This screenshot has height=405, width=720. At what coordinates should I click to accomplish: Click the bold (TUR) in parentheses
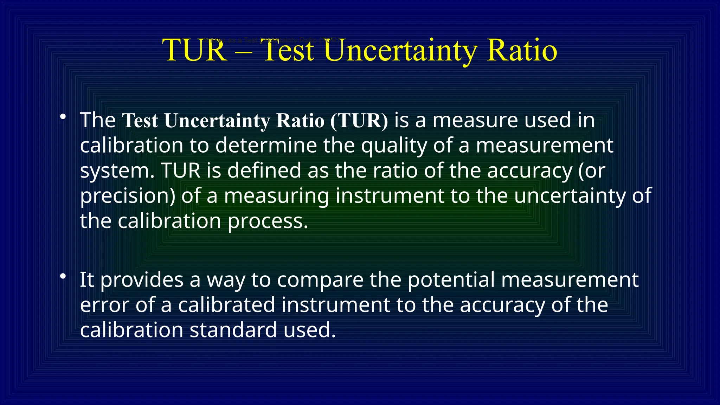tap(359, 121)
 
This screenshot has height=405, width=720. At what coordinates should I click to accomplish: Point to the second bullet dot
tap(63, 276)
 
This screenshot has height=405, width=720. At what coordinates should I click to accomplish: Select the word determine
tap(266, 146)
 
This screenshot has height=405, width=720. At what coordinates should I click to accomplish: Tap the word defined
tap(264, 171)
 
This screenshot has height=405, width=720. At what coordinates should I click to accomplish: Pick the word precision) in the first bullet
tap(127, 196)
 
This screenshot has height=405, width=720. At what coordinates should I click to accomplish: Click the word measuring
tap(276, 196)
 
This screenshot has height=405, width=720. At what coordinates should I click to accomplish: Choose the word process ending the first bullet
tap(268, 221)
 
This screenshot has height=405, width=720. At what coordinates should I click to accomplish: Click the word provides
tap(142, 280)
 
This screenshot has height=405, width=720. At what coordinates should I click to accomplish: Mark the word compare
tap(320, 280)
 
